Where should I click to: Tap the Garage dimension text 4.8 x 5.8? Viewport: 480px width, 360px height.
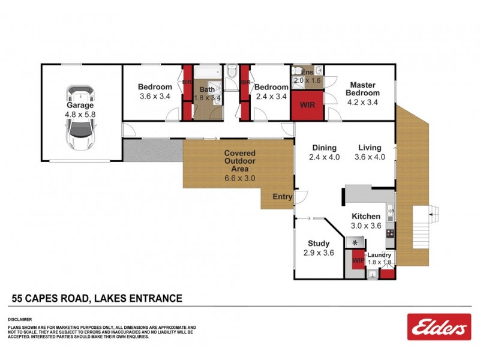point(80,113)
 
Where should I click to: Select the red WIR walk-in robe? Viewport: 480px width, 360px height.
point(307,104)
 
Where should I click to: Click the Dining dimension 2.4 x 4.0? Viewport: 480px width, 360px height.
point(324,157)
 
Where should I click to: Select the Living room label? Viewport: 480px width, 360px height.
point(371,148)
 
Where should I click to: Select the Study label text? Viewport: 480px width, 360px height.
point(319,244)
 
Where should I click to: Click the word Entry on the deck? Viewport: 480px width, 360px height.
point(282,197)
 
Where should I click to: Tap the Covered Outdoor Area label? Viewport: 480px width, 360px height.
point(239,161)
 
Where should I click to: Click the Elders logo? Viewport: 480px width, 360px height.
point(437,327)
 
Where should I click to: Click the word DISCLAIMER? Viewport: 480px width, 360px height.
point(19,319)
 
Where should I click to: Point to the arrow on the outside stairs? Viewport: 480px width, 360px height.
point(436,211)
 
